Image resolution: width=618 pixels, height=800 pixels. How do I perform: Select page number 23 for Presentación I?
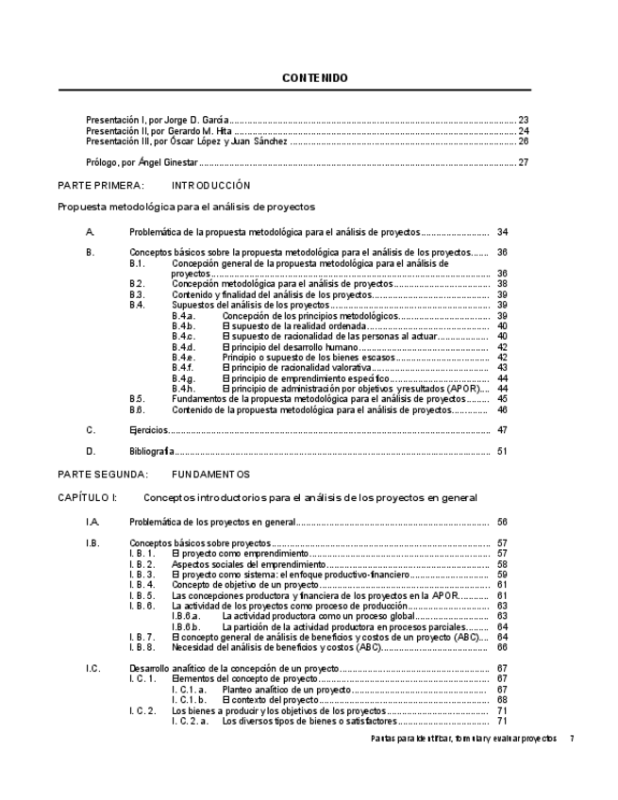523,120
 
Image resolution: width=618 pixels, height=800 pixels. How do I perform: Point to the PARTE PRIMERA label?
101,186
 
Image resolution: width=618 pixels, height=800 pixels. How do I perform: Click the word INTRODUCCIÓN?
211,186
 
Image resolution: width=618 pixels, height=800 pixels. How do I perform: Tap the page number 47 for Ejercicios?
502,430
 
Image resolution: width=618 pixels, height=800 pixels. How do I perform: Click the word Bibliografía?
152,452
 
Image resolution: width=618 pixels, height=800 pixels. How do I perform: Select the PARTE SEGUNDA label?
103,474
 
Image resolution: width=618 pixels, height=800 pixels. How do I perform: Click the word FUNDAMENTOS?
211,474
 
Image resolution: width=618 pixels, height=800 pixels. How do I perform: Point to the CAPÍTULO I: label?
88,497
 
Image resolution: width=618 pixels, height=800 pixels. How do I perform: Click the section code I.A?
92,521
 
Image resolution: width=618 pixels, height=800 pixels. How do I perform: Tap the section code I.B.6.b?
186,627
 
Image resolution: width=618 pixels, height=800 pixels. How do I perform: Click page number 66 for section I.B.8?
502,648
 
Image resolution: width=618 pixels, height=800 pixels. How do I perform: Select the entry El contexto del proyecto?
271,700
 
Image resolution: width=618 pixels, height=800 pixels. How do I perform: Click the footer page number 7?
572,739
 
